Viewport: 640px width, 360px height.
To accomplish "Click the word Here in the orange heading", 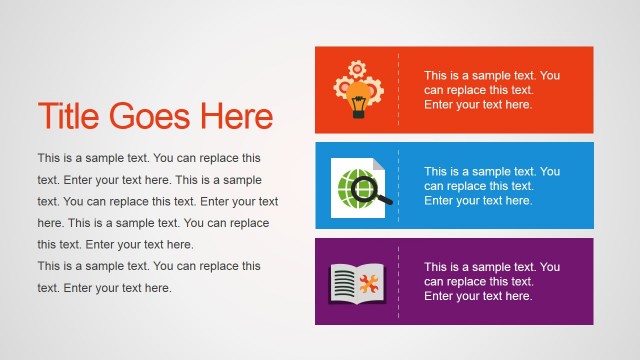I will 236,117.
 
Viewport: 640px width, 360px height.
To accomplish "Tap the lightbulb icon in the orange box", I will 358,96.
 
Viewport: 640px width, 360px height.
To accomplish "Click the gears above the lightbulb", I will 359,73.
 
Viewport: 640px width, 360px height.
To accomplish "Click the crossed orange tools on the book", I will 371,284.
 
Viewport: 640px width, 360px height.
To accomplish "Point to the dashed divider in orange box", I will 398,90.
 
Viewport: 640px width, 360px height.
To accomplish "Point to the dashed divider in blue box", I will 398,186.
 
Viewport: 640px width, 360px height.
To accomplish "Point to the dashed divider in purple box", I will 398,281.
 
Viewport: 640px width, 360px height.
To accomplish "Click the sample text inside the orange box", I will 491,90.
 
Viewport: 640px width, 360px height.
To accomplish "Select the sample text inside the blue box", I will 491,186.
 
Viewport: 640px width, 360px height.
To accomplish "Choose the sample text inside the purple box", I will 491,281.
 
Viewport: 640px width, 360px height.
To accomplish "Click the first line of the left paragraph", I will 149,158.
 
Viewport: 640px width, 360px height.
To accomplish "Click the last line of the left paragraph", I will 104,288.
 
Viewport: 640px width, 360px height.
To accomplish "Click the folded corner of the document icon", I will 377,163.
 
